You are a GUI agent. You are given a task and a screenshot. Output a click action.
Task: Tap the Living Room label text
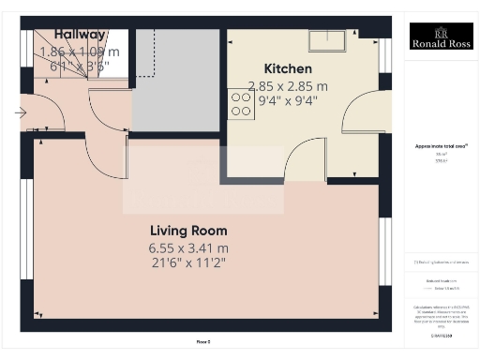point(188,231)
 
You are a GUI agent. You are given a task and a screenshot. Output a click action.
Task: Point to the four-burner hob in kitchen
point(241,102)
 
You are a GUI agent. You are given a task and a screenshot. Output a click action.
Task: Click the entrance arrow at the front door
point(22,112)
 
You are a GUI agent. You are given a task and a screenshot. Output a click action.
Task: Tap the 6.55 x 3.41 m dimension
point(188,247)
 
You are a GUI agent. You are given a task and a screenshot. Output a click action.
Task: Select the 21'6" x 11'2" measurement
point(188,262)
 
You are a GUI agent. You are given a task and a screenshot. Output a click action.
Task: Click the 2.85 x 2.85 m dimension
point(289,84)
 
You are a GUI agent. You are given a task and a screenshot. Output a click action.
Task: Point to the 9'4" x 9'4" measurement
point(289,100)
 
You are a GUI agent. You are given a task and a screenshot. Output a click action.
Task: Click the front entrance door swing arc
point(49,116)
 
